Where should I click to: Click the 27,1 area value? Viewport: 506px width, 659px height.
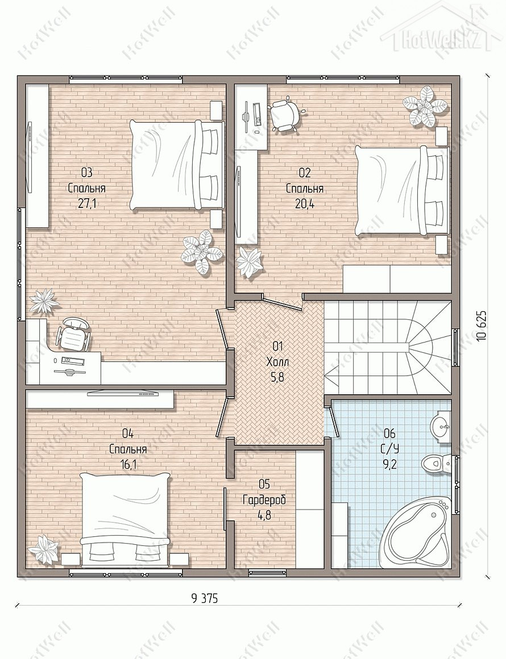(x=86, y=204)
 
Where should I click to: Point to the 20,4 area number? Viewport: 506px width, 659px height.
(x=305, y=204)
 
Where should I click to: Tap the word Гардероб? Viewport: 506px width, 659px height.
(x=264, y=500)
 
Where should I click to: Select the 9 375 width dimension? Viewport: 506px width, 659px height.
(x=205, y=598)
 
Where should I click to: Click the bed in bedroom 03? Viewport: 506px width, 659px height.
(x=176, y=164)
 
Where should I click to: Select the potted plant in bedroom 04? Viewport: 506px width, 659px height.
(x=44, y=548)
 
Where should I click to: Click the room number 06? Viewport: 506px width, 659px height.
(x=390, y=433)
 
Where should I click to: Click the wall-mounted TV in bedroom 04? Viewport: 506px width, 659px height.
(x=123, y=394)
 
